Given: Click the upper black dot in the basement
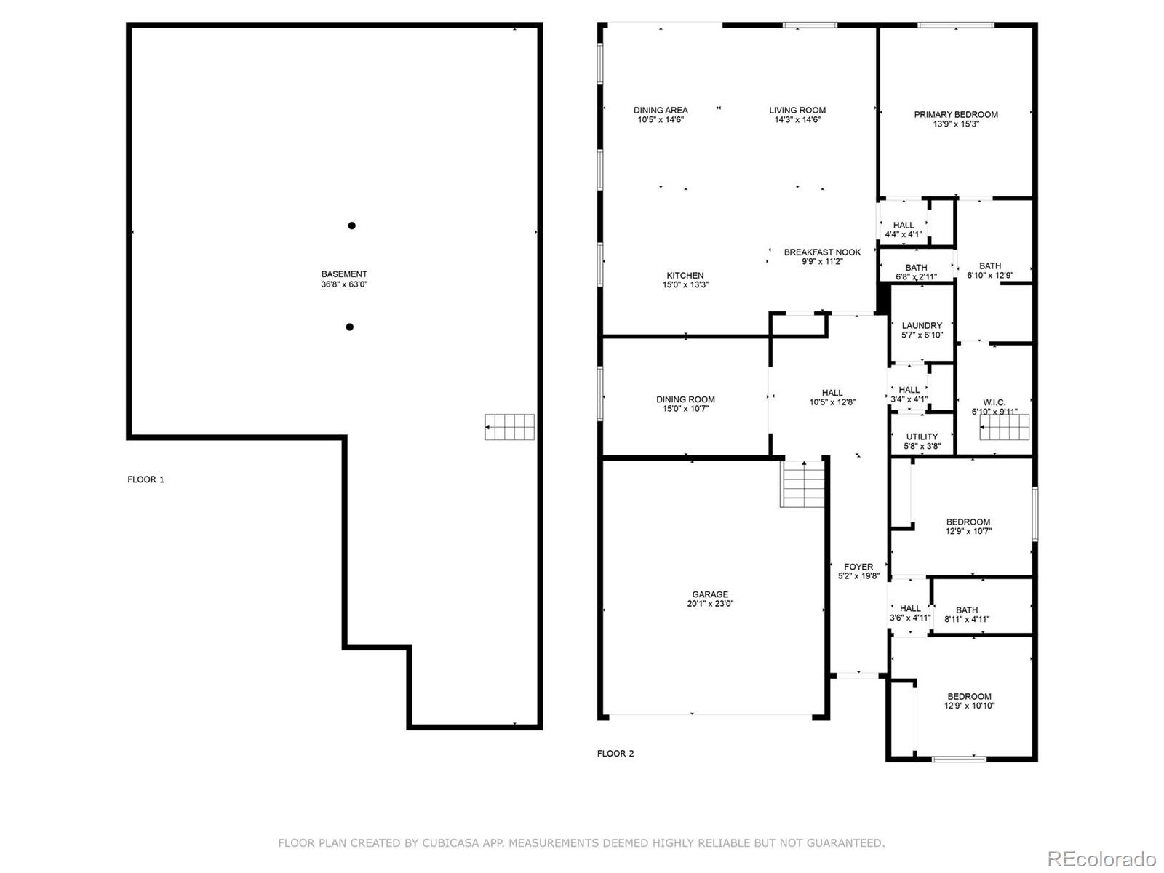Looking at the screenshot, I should pos(351,226).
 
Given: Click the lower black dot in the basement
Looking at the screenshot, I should pos(349,327).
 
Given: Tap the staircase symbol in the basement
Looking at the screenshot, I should pos(510,427).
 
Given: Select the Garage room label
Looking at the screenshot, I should pos(710,594).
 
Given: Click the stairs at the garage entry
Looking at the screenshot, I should pos(803,483).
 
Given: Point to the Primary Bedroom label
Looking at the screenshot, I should pos(956,114).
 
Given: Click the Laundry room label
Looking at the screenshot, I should pos(922,325).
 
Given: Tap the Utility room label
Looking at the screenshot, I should pos(922,436).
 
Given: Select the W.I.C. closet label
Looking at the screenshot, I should pos(994,402).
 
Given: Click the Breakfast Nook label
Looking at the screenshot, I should pos(822,252).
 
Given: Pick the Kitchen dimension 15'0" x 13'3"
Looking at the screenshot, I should pos(685,285).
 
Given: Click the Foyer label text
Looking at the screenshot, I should pos(858,567).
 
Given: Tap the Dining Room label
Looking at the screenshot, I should pos(685,399).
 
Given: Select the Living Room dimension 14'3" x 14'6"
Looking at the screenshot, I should pos(797,120).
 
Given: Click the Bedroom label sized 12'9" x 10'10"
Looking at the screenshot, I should pos(969,696).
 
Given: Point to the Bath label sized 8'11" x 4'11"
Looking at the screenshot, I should pos(967,610).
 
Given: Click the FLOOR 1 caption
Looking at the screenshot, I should pos(145,479).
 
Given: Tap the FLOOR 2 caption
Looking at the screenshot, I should pos(615,754).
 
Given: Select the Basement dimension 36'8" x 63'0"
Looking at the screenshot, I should pos(344,285).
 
